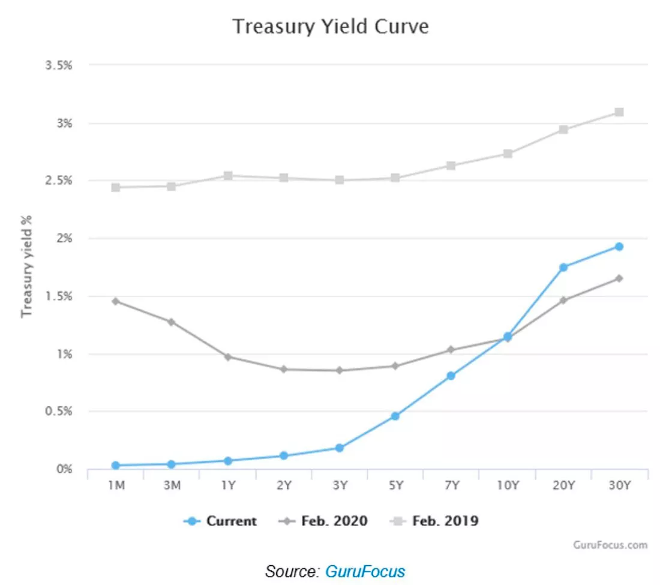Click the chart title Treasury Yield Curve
coord(331,26)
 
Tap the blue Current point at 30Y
coord(619,247)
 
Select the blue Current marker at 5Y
coord(395,416)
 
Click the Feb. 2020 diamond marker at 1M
coord(116,301)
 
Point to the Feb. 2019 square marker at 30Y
coord(619,112)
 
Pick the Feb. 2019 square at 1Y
coord(228,175)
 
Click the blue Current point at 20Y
coord(563,267)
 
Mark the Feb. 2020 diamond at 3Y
coord(339,370)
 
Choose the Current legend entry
coord(220,521)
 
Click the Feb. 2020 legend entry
coord(323,521)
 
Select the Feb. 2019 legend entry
coord(434,521)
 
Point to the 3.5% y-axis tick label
coord(59,65)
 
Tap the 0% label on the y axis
coord(64,469)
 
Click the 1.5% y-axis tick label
coord(59,296)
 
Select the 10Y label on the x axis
coord(508,485)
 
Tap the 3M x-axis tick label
coord(172,485)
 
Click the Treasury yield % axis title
coord(26,266)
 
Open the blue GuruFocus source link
coord(365,572)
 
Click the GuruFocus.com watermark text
coord(610,545)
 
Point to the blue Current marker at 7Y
coord(451,376)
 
